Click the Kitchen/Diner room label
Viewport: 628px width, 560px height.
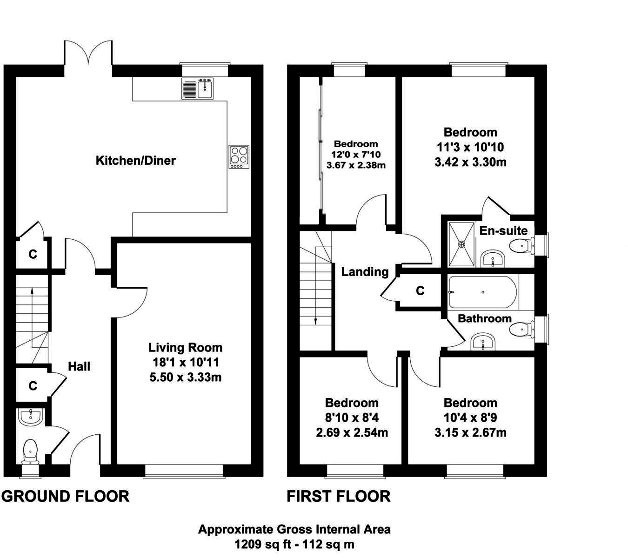(135, 161)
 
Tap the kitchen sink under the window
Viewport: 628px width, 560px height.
(198, 89)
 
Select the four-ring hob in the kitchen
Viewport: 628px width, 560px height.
(239, 157)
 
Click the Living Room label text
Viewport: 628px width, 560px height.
(185, 347)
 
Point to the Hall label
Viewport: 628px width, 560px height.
(79, 366)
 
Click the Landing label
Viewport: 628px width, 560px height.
(365, 271)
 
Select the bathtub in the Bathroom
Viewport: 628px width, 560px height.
(482, 293)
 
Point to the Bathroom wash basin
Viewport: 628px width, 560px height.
(484, 342)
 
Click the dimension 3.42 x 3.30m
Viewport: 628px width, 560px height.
(470, 162)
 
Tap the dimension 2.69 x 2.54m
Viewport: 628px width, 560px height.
(352, 432)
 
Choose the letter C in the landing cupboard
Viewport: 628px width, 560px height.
(420, 291)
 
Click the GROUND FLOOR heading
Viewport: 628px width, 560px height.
(66, 496)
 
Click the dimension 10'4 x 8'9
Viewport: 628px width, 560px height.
(470, 418)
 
